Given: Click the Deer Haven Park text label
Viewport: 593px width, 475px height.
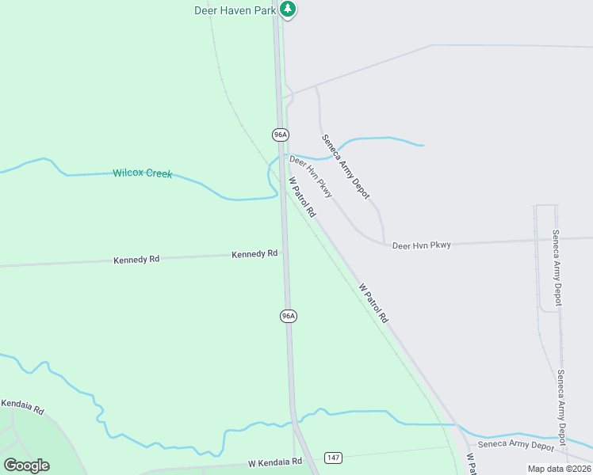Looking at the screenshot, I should pos(235,10).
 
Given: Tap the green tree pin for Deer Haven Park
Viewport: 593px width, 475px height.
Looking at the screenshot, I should pos(289,9).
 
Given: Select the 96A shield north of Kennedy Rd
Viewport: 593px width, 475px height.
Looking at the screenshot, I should pos(280,135).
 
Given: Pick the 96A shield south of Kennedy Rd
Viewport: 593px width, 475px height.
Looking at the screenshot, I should pos(288,316).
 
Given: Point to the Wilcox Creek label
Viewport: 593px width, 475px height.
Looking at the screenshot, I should pos(142,173).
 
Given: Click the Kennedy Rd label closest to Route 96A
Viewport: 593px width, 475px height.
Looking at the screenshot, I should pos(254,254).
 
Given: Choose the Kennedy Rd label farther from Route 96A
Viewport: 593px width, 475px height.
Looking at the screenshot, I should pos(136,259).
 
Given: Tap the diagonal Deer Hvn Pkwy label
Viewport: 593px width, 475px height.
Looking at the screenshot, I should pos(311,177).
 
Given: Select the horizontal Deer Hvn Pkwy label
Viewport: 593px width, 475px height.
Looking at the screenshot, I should pos(422,245).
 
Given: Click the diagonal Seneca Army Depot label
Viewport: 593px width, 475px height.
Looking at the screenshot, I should pos(346,166).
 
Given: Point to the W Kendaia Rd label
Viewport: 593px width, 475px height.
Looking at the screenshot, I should pos(275,462).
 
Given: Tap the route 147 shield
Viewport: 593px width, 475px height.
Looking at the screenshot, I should pos(333,458).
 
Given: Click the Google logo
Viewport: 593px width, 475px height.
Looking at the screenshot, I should pos(27,465).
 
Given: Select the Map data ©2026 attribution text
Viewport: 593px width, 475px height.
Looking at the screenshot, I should pos(559,469).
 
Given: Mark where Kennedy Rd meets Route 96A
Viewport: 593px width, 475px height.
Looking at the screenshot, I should pos(285,253).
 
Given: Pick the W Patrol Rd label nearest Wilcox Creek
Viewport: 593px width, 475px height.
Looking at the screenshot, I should pos(301,197).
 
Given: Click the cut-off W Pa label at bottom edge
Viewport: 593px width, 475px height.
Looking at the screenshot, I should pos(470,464).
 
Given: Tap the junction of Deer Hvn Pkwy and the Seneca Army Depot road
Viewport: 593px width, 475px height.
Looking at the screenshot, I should pos(384,244).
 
